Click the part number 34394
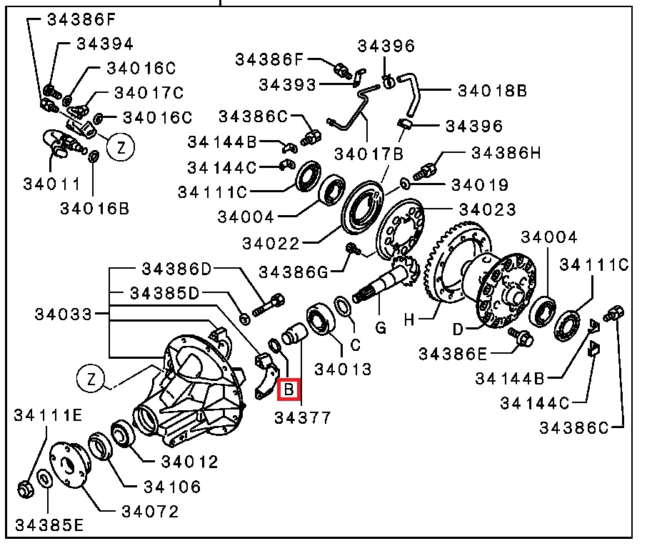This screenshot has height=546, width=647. click(x=105, y=44)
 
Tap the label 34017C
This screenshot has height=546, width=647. click(x=149, y=92)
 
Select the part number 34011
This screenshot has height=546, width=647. click(x=51, y=184)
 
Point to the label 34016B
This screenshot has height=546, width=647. click(x=94, y=209)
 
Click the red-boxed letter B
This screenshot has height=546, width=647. click(x=289, y=389)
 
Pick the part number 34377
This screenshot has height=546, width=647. click(x=303, y=418)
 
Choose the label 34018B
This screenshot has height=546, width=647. click(x=492, y=91)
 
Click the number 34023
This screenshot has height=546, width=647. click(x=487, y=209)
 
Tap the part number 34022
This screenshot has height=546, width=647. click(x=270, y=243)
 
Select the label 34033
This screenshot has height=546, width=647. click(x=63, y=314)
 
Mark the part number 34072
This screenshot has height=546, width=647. click(x=150, y=512)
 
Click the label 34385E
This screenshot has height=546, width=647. click(x=49, y=525)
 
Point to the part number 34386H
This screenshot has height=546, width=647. click(x=506, y=153)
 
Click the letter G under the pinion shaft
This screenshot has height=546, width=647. click(x=381, y=328)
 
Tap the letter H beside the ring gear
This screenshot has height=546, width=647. click(x=408, y=319)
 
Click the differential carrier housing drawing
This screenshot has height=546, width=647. click(x=190, y=390)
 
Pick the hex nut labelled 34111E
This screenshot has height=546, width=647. click(x=26, y=489)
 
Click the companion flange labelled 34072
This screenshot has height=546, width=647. click(x=69, y=465)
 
